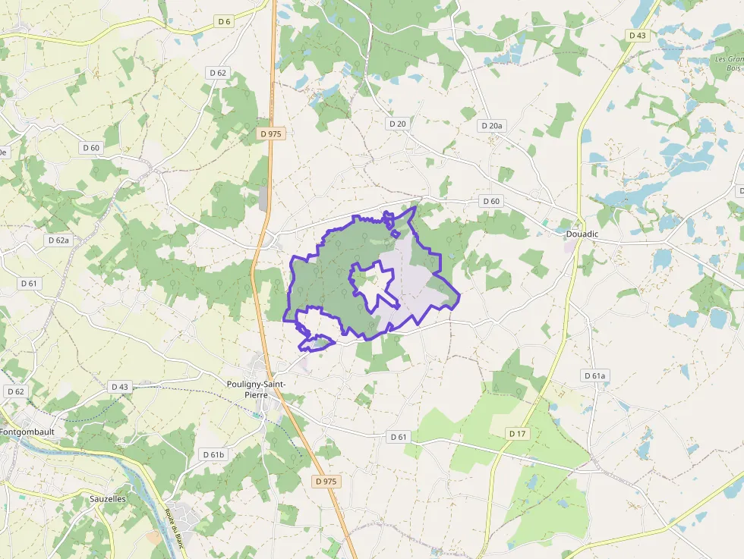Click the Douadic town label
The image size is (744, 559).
pos(582,234)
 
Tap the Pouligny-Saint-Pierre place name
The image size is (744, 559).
pos(256,389)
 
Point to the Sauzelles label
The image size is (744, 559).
pos(108,499)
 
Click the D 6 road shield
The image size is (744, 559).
pos(223,21)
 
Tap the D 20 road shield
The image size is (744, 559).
pos(397,123)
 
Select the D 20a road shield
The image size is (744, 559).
pos(492,124)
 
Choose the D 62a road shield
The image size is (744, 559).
pos(58,240)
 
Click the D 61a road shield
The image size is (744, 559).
pos(595,375)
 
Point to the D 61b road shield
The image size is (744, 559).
pos(214,454)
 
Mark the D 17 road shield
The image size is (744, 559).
pos(517,433)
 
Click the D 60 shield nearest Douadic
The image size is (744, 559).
pos(491,201)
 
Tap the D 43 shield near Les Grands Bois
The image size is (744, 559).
pos(637,35)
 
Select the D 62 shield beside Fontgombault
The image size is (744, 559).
pos(15,391)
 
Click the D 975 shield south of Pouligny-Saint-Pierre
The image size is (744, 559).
pos(325,482)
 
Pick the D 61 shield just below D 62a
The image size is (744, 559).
pos(29,283)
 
